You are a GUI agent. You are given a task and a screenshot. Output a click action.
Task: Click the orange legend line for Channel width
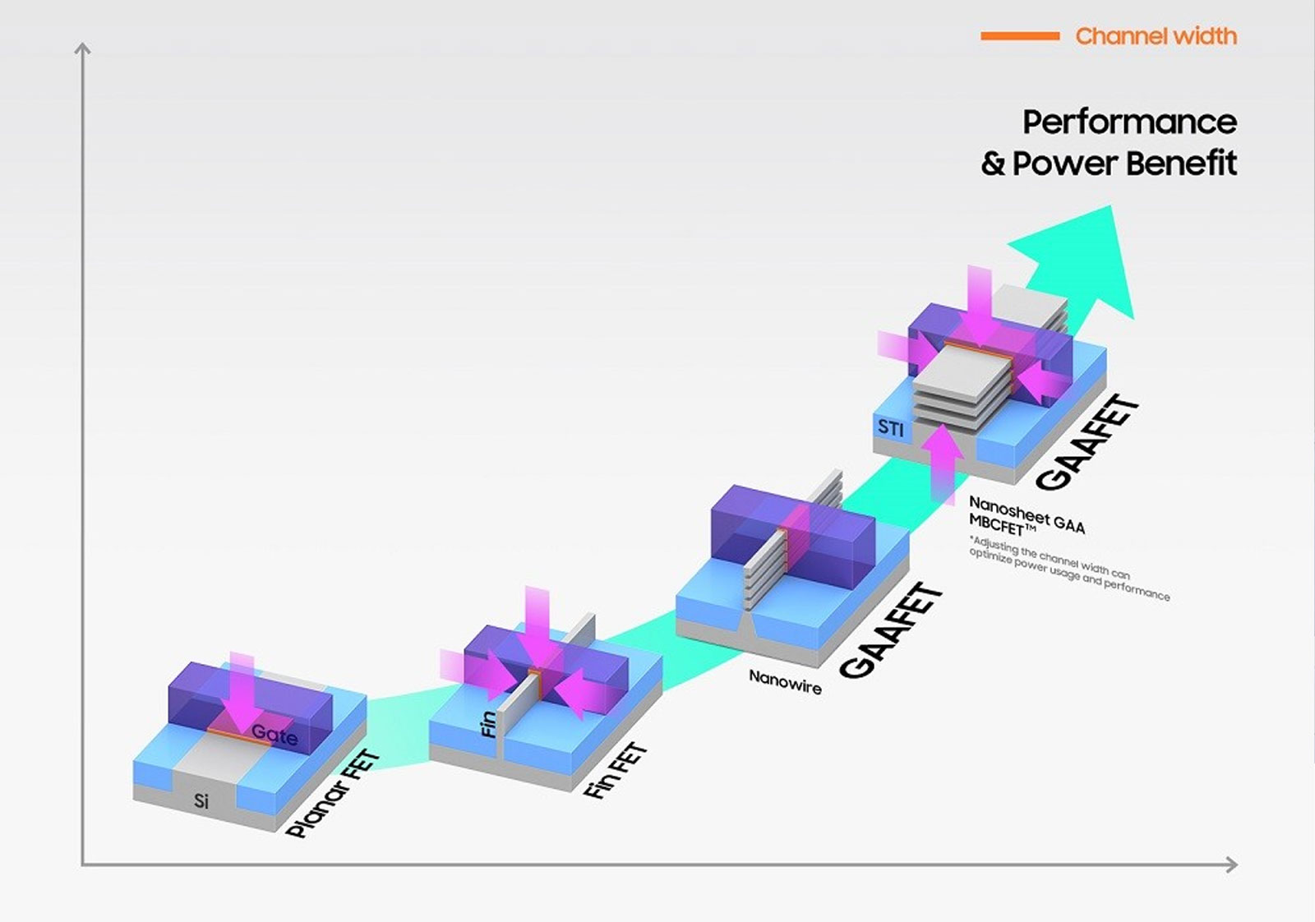click(1020, 36)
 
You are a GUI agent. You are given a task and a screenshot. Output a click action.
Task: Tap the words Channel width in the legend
click(1156, 36)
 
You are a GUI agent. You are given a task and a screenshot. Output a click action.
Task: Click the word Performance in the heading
click(1130, 122)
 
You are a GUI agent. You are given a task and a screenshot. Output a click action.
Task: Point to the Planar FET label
click(333, 794)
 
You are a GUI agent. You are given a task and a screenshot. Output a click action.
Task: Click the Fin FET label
click(615, 770)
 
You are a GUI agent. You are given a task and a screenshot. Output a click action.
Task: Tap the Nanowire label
click(785, 683)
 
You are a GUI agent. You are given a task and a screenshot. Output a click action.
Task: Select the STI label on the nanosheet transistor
click(891, 428)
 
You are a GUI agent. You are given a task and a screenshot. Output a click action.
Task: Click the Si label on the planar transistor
click(201, 800)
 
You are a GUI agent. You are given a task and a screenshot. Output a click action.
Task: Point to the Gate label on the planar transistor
click(275, 734)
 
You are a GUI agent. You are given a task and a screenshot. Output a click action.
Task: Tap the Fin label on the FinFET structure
click(488, 724)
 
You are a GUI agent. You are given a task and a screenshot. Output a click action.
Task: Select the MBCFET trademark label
click(1002, 525)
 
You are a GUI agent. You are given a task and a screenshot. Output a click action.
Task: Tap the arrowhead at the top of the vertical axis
click(83, 48)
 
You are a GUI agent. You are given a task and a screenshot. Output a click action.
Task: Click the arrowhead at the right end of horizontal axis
click(1232, 864)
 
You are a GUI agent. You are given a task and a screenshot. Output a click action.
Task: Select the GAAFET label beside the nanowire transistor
click(892, 631)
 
